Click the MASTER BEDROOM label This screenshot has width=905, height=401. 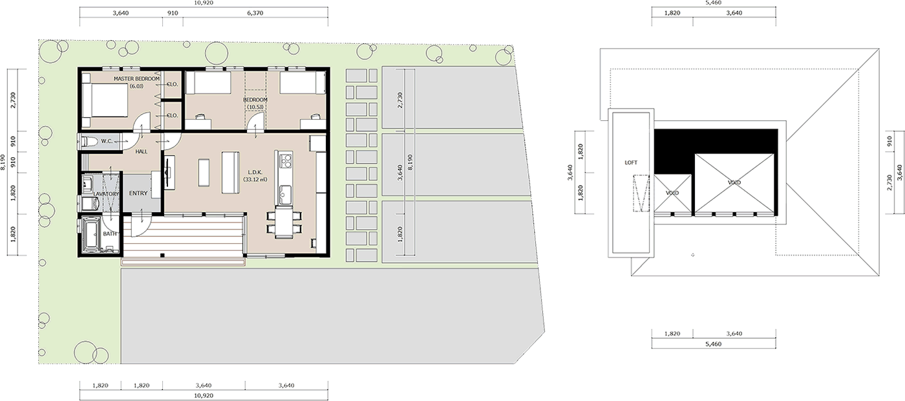point(136,79)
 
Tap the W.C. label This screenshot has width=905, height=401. point(107,141)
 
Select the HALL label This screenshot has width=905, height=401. point(142,151)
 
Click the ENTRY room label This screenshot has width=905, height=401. point(138,193)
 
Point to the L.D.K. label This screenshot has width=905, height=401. point(255,173)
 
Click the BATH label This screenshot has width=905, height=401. point(109,233)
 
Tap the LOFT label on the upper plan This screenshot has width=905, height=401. point(631,162)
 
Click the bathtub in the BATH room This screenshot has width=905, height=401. point(91,234)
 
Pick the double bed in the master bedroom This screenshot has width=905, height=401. point(105,99)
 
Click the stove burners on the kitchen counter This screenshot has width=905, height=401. point(286,160)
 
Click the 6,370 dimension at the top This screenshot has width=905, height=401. point(255,13)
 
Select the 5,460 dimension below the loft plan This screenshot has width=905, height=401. point(713,344)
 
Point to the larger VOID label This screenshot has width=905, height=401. point(734,182)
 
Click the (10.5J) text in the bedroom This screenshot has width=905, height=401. point(255,107)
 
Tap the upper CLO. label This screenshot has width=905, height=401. point(172,84)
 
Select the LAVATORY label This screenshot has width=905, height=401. point(106,194)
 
